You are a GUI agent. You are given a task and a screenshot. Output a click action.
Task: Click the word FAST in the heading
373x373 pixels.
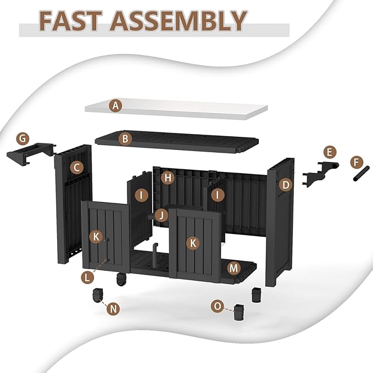pos(70,21)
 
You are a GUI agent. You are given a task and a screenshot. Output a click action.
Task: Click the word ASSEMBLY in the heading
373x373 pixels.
pos(179,21)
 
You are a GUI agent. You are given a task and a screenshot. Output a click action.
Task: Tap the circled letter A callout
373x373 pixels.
pos(115,105)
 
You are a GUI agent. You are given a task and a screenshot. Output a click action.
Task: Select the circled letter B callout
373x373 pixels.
pos(125,138)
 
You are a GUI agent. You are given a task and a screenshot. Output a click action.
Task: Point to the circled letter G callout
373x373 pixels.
pos(23,138)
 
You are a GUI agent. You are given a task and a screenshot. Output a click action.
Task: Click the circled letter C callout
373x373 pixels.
pos(76,168)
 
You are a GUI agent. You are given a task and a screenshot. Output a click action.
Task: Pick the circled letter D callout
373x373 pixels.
pos(286,185)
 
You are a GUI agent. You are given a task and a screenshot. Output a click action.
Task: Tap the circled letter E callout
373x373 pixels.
pos(330,152)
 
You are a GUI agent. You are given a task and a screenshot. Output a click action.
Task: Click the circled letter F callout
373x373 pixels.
pos(356,163)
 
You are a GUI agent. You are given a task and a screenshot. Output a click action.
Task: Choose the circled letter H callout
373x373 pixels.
pos(168,177)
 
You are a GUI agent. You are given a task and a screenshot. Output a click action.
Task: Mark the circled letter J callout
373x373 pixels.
pos(162,215)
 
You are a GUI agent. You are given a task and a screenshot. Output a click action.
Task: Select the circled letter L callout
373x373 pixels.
pos(87,277)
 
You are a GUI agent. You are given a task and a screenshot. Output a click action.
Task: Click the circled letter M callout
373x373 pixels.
pos(233,268)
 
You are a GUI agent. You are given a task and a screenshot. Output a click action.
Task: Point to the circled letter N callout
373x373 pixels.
pos(113,309)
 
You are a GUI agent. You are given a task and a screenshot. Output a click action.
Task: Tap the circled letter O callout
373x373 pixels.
pos(218,306)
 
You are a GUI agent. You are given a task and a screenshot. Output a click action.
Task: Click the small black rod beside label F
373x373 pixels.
pos(361,174)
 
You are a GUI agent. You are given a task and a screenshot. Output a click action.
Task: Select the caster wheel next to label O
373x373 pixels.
pos(239,312)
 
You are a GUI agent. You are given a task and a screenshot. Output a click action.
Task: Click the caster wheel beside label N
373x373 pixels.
pos(97,295)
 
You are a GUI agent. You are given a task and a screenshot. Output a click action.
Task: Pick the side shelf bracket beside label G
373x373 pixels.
pos(30,154)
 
